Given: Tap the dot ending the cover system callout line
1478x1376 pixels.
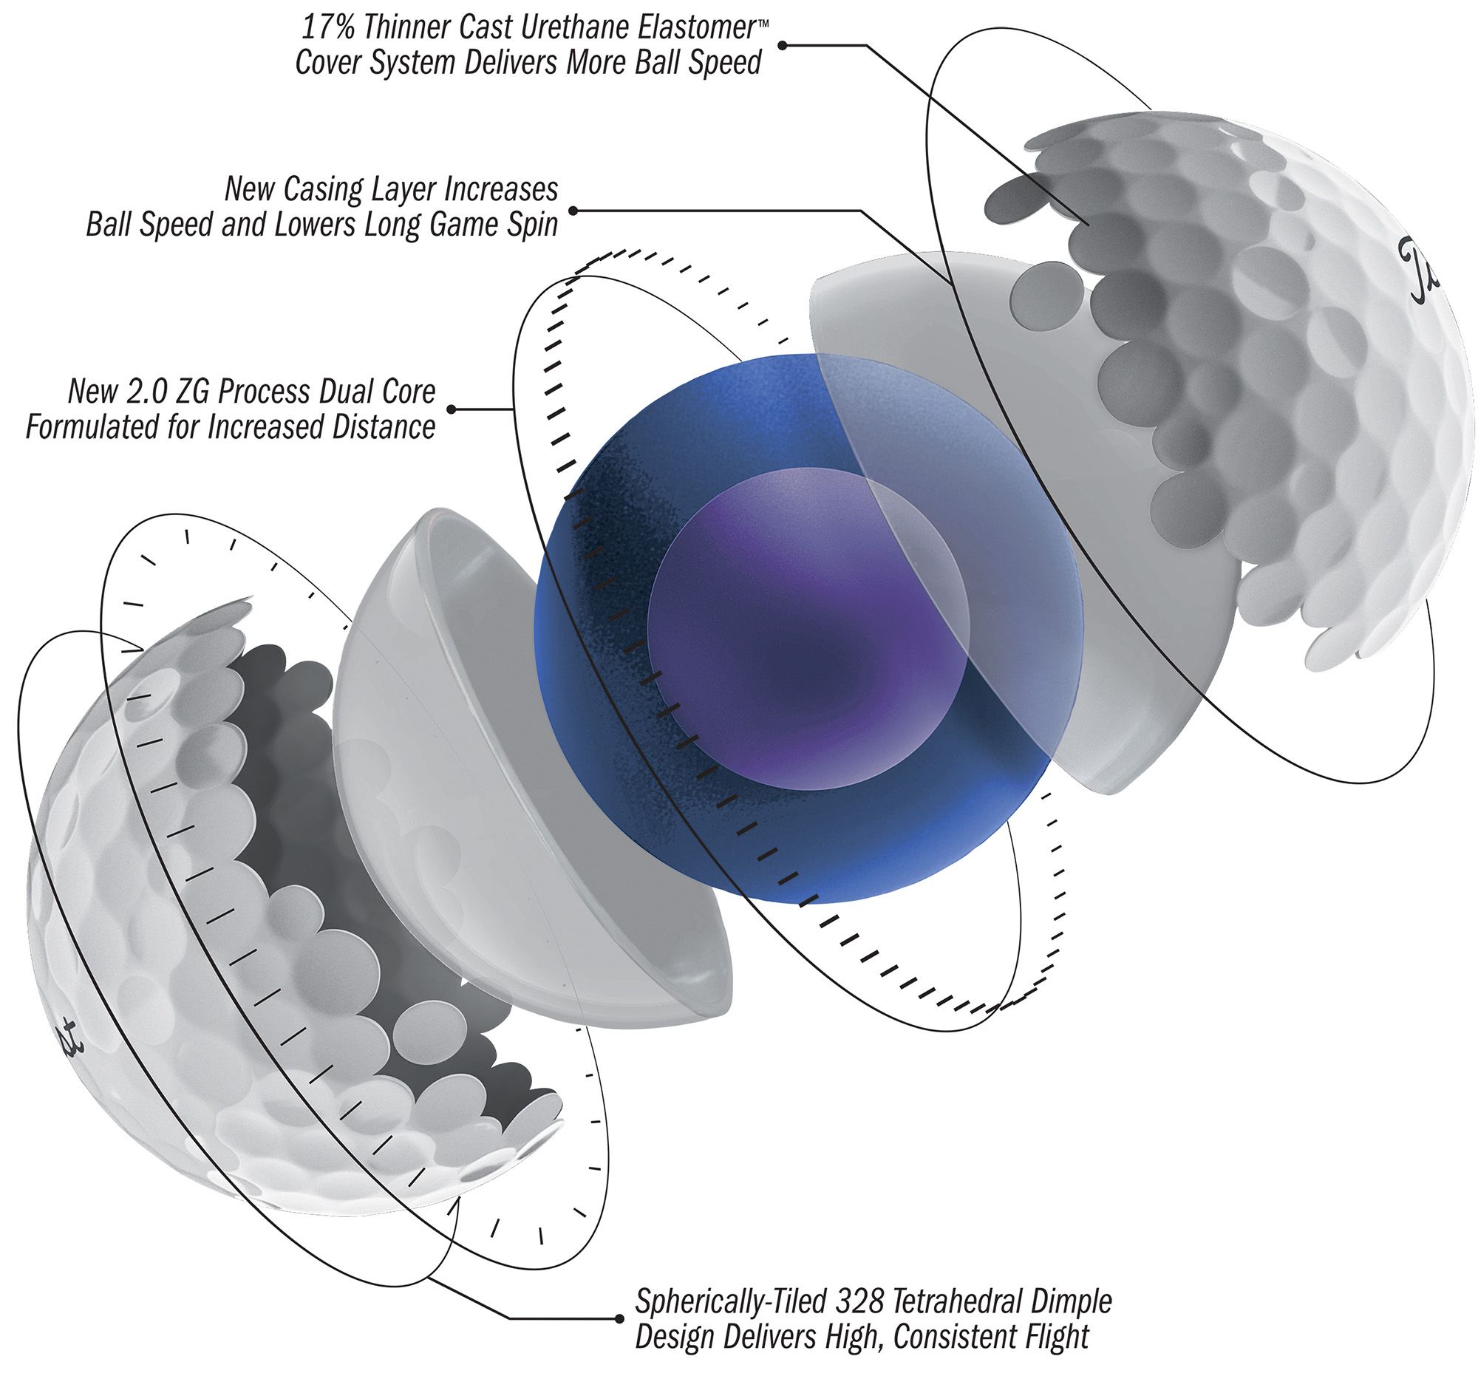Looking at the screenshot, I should coord(783,45).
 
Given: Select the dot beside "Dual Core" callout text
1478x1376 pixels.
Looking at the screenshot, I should coord(452,409).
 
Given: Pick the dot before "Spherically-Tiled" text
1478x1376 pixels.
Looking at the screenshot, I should coord(619,1319).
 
